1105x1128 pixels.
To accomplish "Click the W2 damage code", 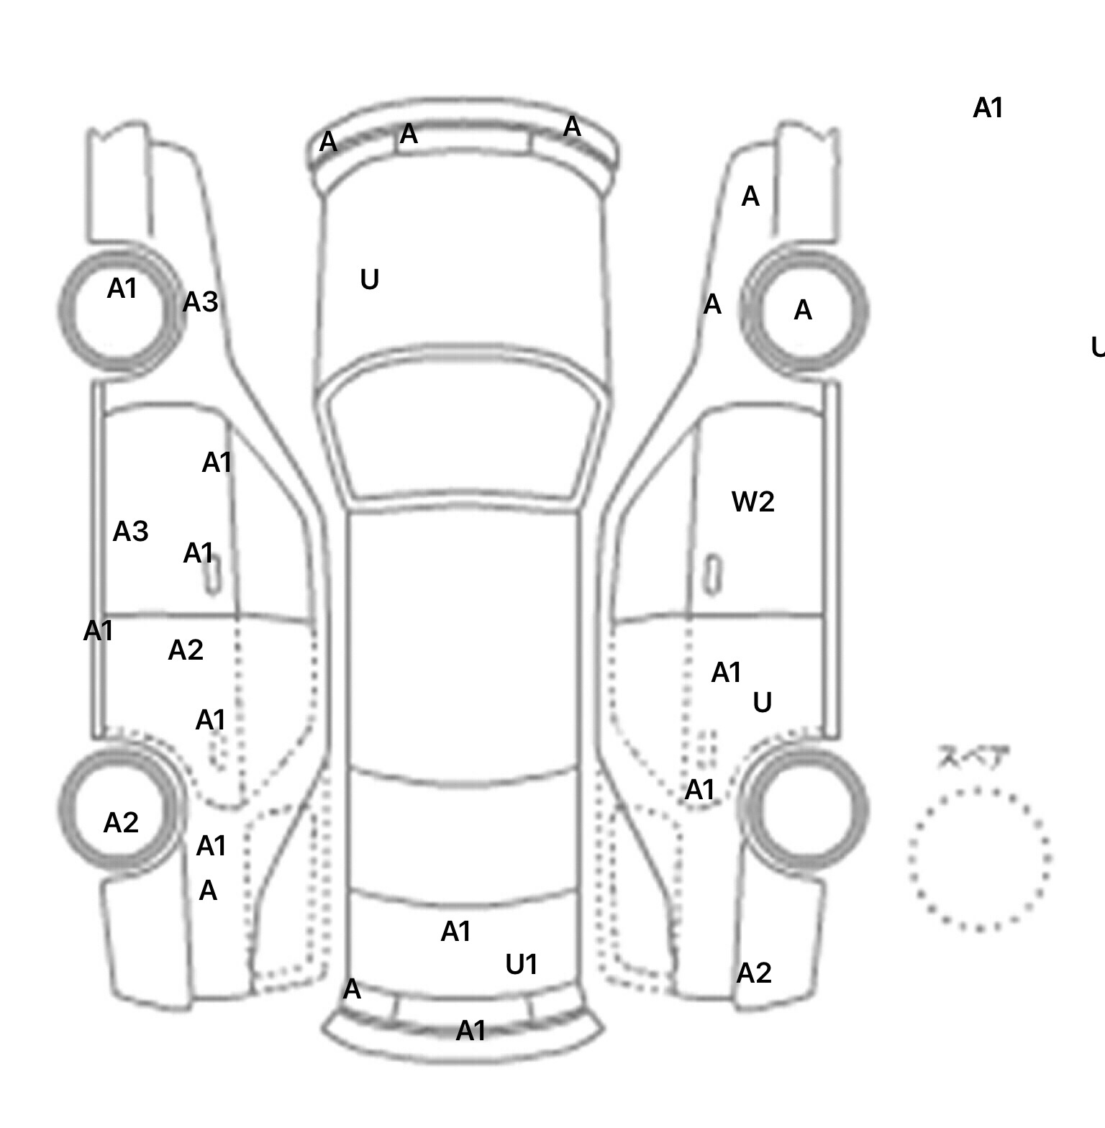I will (x=752, y=501).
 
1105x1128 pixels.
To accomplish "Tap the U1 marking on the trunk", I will (x=521, y=964).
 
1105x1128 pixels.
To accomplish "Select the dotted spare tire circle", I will (x=979, y=858).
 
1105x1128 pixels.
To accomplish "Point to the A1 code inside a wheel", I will (x=122, y=288).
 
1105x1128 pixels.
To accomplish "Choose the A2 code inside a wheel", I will (x=120, y=822).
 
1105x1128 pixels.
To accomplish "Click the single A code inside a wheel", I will (x=802, y=310).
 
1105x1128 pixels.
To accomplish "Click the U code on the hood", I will (x=369, y=279).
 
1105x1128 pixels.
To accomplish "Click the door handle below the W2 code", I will (x=713, y=575).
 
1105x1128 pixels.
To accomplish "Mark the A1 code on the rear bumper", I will (x=470, y=1031).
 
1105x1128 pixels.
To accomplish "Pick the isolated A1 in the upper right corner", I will (x=987, y=108).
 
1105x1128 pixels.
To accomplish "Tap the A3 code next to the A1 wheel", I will (x=199, y=302).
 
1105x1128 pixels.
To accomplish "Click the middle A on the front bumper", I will (x=408, y=133).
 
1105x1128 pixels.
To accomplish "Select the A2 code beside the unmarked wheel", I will (x=753, y=973).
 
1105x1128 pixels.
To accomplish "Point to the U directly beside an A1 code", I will (x=762, y=702).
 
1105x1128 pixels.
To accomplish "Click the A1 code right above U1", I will (x=455, y=932).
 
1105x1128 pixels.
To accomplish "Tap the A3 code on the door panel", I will (x=130, y=531).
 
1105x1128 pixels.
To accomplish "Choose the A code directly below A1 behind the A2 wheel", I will (x=207, y=891).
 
